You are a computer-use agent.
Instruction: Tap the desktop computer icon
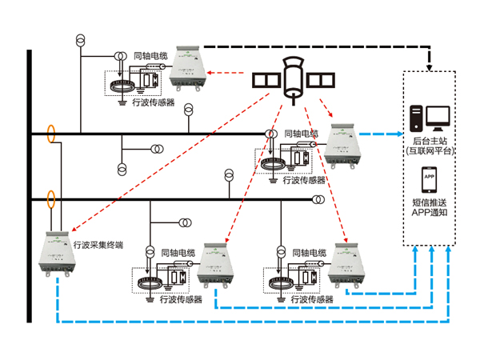(x=430, y=118)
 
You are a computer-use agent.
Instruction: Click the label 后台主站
(x=429, y=139)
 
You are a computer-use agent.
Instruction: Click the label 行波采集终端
(x=98, y=245)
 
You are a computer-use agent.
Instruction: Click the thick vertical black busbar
(x=29, y=184)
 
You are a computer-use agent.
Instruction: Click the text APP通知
(x=429, y=214)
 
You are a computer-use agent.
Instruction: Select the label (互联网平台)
(x=429, y=150)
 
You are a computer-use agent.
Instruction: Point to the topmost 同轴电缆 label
(x=150, y=57)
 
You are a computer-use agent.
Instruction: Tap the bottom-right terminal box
(x=346, y=267)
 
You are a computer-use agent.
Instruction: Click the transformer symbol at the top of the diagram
(x=80, y=41)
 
